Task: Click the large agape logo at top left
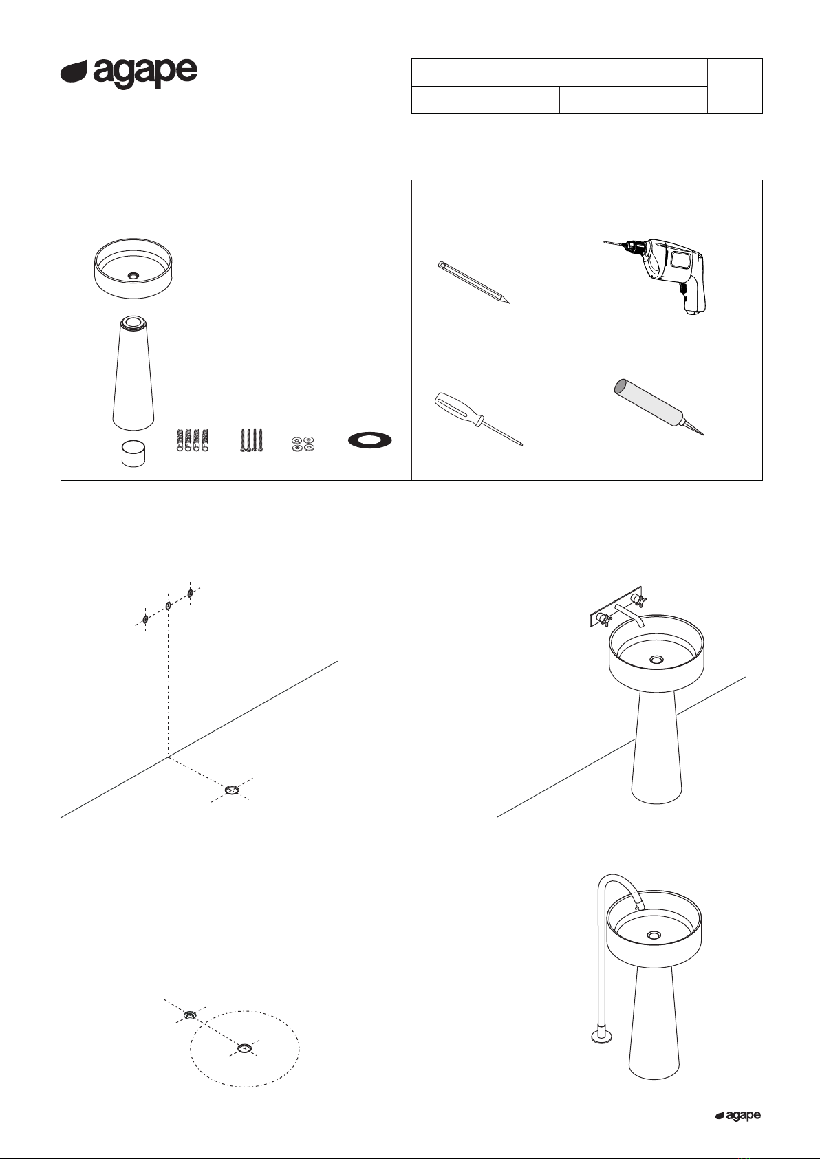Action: pyautogui.click(x=129, y=73)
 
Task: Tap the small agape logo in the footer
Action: pyautogui.click(x=738, y=1116)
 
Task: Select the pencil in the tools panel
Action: pyautogui.click(x=474, y=283)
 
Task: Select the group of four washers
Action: pyautogui.click(x=302, y=444)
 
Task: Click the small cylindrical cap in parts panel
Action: pyautogui.click(x=133, y=453)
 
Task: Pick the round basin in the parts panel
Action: pyautogui.click(x=133, y=269)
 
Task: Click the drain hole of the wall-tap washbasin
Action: pyautogui.click(x=657, y=660)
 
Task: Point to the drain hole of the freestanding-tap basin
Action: pyautogui.click(x=654, y=935)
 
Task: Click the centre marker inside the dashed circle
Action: pyautogui.click(x=243, y=1048)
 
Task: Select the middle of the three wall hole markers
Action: pyautogui.click(x=168, y=606)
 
